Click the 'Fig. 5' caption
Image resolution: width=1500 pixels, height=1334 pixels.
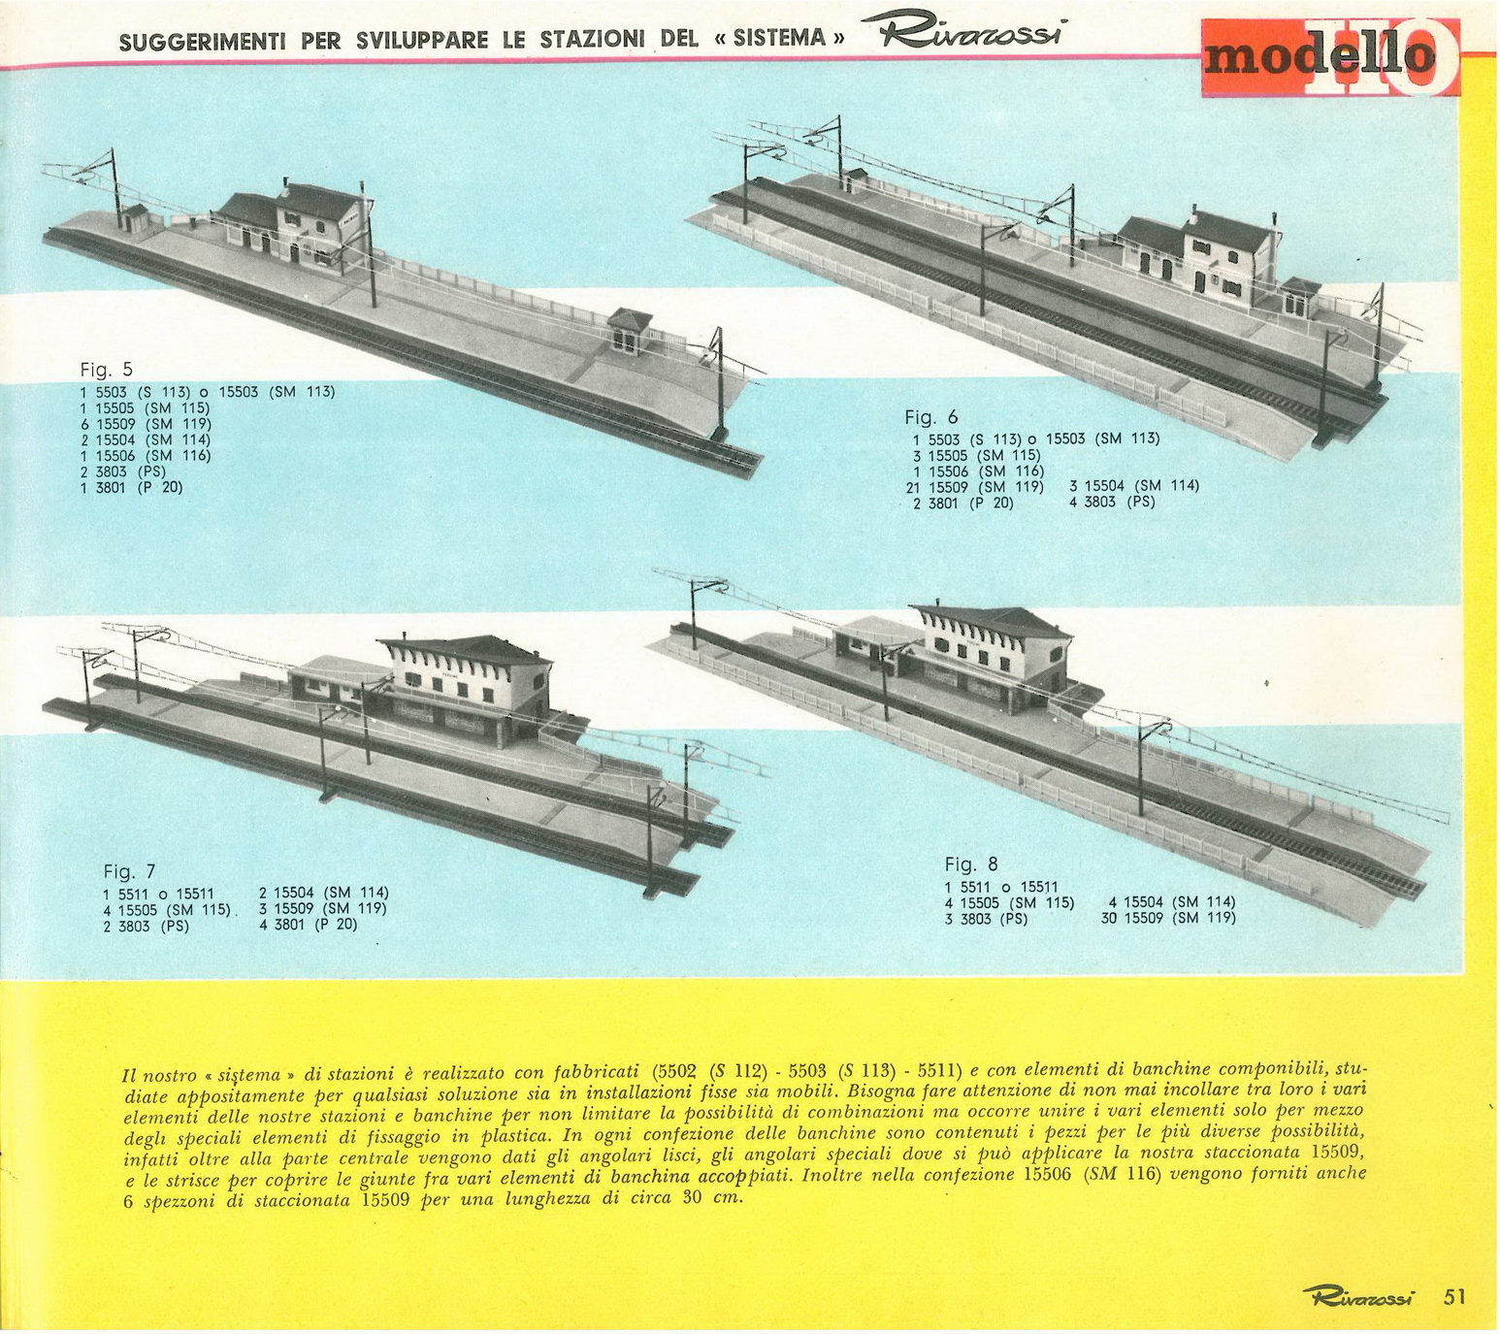click(x=106, y=370)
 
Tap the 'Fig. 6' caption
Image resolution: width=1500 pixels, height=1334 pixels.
click(x=930, y=417)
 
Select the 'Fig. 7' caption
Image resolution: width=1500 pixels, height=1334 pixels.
click(x=130, y=871)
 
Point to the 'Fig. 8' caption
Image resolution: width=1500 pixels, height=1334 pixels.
click(x=970, y=863)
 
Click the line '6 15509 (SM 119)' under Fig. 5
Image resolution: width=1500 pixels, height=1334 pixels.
click(x=146, y=424)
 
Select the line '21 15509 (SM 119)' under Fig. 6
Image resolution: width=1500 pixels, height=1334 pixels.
click(x=974, y=487)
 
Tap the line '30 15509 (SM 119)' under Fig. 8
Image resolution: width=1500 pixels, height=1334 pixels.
click(x=1168, y=918)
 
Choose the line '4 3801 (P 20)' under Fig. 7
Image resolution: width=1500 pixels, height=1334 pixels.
click(x=309, y=925)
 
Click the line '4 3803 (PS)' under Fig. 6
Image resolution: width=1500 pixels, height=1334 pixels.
click(x=1112, y=503)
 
